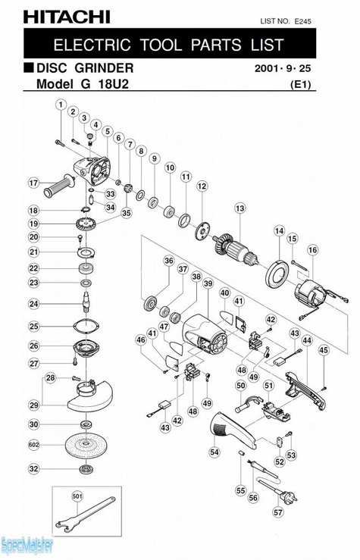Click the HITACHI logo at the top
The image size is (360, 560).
click(x=67, y=17)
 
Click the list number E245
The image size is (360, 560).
click(x=302, y=21)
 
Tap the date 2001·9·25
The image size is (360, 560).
click(x=283, y=68)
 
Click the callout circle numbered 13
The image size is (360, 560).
click(x=240, y=208)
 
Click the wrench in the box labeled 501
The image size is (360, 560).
click(x=86, y=514)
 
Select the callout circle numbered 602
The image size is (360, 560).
click(x=33, y=445)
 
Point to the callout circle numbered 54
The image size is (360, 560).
click(x=214, y=452)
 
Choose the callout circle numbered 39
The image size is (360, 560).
click(x=208, y=284)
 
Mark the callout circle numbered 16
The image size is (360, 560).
click(x=312, y=250)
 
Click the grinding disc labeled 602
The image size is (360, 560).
click(x=86, y=444)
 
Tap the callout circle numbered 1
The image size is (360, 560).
click(x=61, y=105)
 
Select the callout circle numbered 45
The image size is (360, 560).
click(x=324, y=350)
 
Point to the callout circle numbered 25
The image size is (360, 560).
click(x=33, y=326)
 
